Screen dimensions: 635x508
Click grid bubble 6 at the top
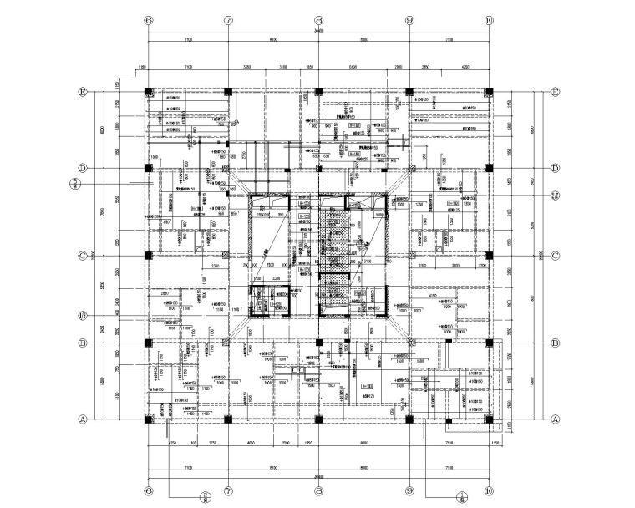coord(148,20)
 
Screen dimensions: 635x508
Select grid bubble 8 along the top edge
coord(319,20)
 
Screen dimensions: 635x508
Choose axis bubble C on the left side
coord(83,256)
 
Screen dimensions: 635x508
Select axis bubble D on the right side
coord(554,168)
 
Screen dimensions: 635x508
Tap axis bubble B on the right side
coord(554,343)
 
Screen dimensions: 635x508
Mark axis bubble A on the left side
coord(83,419)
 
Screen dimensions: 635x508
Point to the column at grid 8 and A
coord(319,419)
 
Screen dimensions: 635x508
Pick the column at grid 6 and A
coord(148,419)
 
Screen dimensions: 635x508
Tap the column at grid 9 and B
coord(409,343)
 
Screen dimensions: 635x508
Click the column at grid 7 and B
coord(228,343)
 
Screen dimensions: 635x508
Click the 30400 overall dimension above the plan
coord(318,32)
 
